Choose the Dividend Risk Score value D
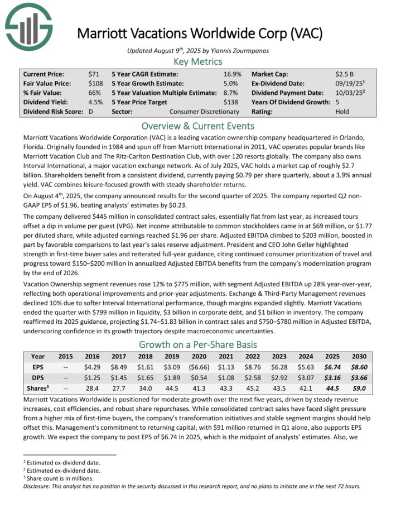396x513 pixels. pyautogui.click(x=90, y=112)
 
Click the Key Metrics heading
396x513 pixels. pyautogui.click(x=198, y=61)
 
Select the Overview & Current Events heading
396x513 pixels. pyautogui.click(x=198, y=126)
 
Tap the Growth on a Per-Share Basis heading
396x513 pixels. pyautogui.click(x=198, y=344)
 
